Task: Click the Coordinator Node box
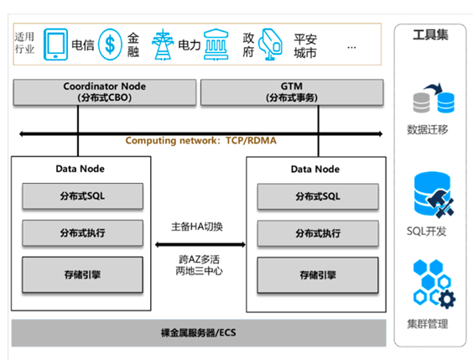click(105, 92)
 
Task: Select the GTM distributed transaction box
click(292, 92)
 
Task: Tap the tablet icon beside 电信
click(55, 44)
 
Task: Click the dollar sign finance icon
click(110, 44)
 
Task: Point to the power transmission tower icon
click(163, 44)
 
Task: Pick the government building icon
click(216, 44)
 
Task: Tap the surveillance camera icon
click(271, 44)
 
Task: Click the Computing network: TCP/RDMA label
click(201, 141)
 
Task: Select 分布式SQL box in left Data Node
click(83, 196)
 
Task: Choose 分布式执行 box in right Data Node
click(318, 233)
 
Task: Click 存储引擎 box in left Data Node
click(83, 274)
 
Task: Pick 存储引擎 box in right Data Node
click(318, 275)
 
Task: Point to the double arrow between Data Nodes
click(200, 244)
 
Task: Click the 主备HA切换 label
click(197, 227)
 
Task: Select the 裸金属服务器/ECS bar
click(199, 333)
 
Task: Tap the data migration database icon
click(434, 98)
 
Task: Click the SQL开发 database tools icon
click(434, 194)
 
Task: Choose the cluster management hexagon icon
click(434, 284)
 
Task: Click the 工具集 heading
click(430, 34)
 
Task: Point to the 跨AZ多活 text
click(199, 259)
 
